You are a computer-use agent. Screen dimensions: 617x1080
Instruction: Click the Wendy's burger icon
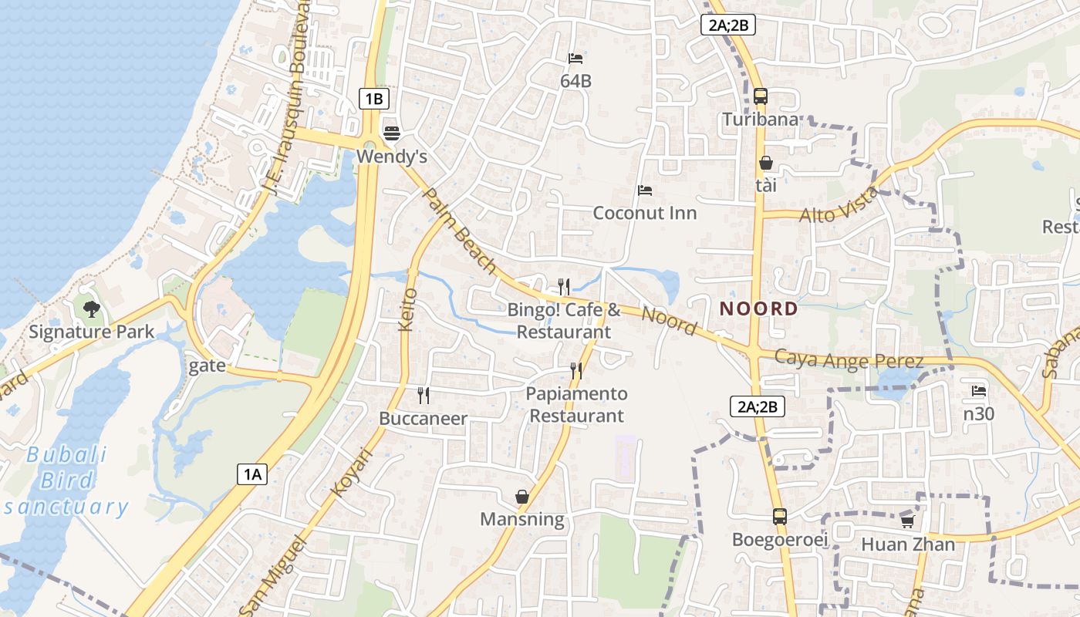392,133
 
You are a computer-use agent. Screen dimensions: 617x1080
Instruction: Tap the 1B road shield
373,99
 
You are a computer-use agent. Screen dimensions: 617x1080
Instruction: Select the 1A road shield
252,474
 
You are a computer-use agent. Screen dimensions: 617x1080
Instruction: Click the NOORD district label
759,309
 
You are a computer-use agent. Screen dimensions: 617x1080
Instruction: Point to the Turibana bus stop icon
761,96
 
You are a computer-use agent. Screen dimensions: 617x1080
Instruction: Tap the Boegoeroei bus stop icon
779,517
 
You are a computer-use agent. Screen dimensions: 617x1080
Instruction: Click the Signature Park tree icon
92,309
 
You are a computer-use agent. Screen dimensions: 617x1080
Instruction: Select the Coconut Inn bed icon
645,190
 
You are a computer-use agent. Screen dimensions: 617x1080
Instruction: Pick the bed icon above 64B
575,58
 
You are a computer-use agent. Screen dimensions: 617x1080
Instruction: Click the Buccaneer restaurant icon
423,396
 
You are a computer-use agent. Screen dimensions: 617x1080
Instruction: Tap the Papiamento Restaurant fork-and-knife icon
575,371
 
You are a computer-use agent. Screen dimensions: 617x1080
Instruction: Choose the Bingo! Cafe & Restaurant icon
564,287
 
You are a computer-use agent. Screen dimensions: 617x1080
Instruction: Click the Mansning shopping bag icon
522,497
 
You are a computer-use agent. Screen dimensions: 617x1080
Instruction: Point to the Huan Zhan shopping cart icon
907,521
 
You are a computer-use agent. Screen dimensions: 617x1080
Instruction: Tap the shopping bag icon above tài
766,163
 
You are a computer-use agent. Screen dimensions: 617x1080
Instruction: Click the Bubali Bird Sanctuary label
66,480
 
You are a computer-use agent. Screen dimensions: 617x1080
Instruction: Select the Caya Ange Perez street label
849,359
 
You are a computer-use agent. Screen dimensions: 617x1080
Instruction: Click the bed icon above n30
979,390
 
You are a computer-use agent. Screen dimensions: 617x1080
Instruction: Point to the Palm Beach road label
460,231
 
